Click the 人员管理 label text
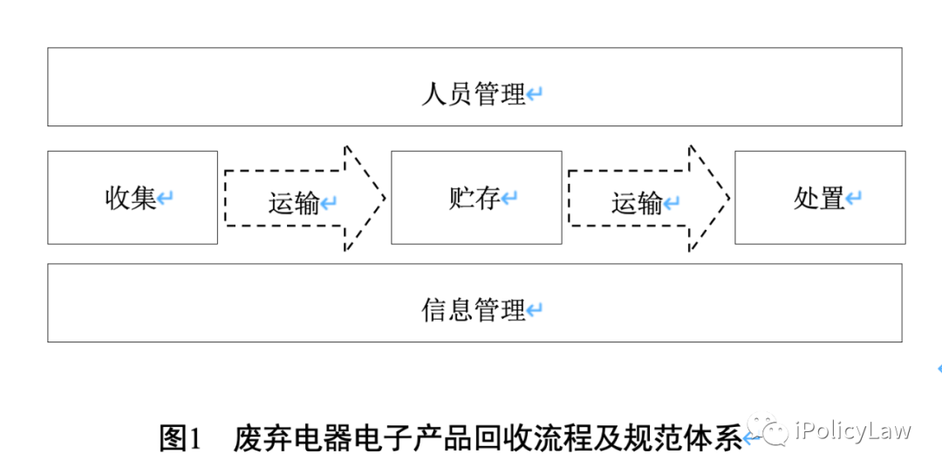(473, 94)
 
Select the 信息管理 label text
(473, 310)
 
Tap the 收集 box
(132, 198)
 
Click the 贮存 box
(475, 198)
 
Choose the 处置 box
(819, 198)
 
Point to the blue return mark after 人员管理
(535, 94)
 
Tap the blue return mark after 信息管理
(535, 310)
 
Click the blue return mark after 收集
(166, 199)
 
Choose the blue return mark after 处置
(854, 199)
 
